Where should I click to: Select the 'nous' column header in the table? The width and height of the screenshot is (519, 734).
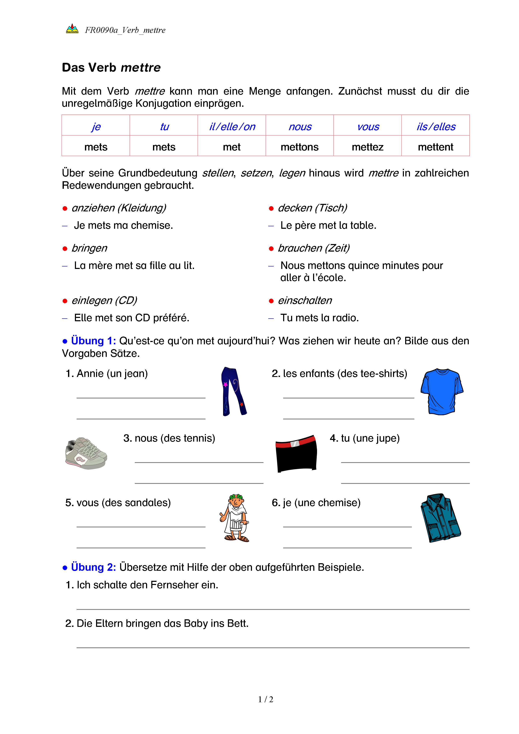click(x=300, y=127)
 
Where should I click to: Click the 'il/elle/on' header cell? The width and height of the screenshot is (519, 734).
click(x=232, y=127)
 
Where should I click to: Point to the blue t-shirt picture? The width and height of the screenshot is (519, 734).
click(x=442, y=392)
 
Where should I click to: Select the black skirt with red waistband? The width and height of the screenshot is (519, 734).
click(x=296, y=453)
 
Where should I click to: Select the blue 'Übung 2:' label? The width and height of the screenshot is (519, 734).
click(x=93, y=567)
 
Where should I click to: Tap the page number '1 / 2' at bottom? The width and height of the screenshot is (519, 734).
click(x=266, y=699)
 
